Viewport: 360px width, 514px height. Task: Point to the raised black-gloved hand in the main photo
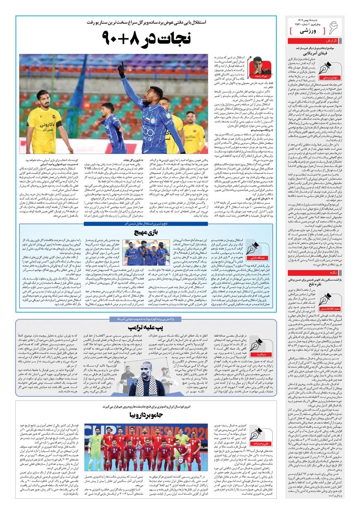121,70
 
